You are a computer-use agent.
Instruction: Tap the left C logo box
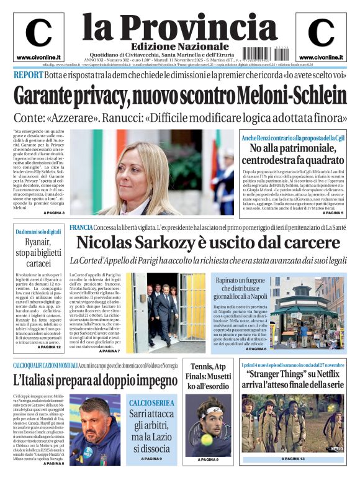pos(38,37)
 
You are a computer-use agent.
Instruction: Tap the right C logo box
pos(321,37)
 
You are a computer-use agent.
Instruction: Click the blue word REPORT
pos(28,75)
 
